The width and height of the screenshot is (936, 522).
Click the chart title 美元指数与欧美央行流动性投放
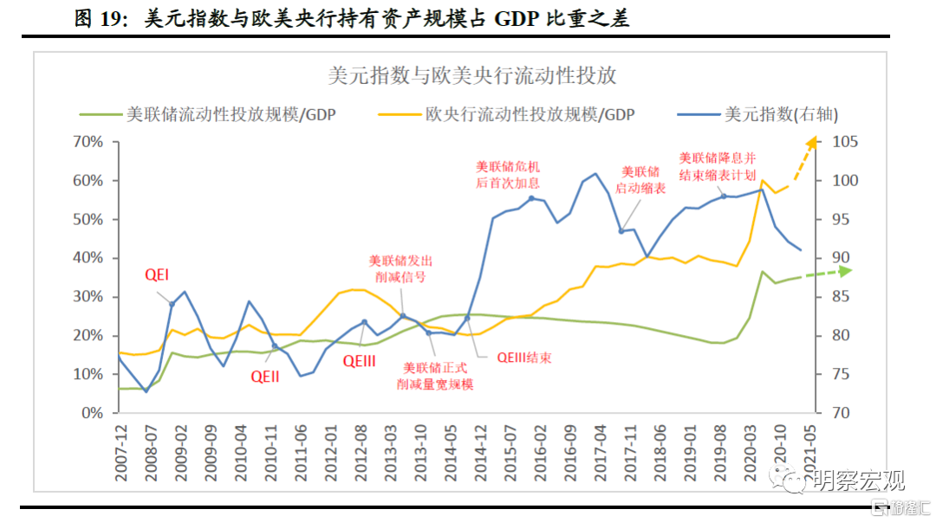click(x=472, y=75)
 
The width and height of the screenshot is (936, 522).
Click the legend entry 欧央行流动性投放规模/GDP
click(x=530, y=114)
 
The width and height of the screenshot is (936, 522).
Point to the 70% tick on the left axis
click(x=89, y=142)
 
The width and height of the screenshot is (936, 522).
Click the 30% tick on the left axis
click(x=89, y=297)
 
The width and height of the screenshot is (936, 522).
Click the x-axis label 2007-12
click(x=123, y=447)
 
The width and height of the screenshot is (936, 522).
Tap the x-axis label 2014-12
click(x=480, y=447)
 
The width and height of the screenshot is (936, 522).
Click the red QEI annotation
click(x=156, y=275)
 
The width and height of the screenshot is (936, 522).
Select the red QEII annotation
click(x=265, y=377)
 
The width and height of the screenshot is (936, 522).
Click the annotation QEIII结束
click(x=524, y=357)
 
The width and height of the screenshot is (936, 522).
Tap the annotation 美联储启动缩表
click(x=641, y=179)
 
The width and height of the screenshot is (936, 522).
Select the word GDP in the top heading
click(x=517, y=19)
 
